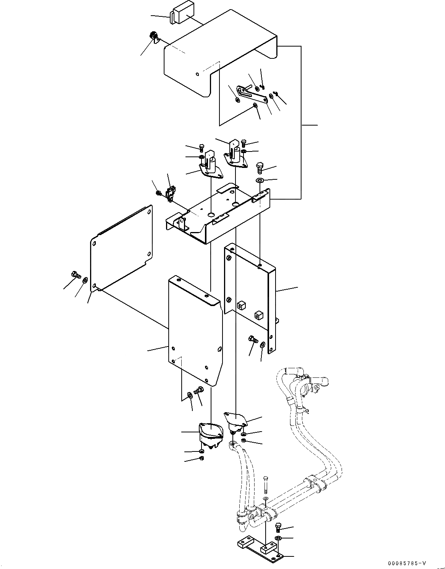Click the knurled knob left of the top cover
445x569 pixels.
[x=155, y=37]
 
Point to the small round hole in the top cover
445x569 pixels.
[x=197, y=74]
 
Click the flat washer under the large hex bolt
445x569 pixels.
[x=260, y=180]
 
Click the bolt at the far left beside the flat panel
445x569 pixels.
[x=75, y=274]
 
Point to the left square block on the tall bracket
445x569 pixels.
[x=240, y=305]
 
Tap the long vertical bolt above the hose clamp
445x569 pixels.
[x=266, y=484]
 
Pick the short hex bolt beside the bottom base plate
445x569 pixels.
[x=278, y=528]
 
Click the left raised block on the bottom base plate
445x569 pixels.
[x=243, y=542]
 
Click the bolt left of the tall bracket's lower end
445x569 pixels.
[x=253, y=339]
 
